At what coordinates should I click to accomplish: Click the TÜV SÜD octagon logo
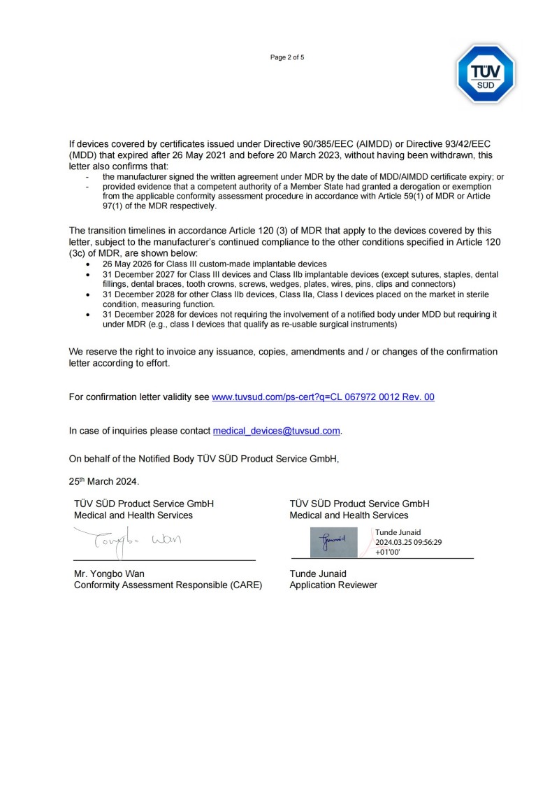[x=486, y=74]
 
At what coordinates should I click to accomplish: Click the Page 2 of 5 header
[x=287, y=57]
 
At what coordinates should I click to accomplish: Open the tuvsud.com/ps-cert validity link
[x=323, y=397]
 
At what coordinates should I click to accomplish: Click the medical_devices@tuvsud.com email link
[x=277, y=431]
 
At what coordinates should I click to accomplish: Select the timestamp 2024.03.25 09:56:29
[x=409, y=542]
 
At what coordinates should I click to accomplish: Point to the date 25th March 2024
[x=104, y=481]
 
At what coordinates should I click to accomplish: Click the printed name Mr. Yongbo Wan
[x=110, y=573]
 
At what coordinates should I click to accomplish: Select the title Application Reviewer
[x=333, y=585]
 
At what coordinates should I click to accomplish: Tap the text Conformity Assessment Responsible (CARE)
[x=168, y=585]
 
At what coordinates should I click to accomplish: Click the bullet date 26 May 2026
[x=133, y=264]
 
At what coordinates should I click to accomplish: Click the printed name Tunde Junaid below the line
[x=318, y=573]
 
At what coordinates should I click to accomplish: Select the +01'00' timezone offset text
[x=388, y=551]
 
